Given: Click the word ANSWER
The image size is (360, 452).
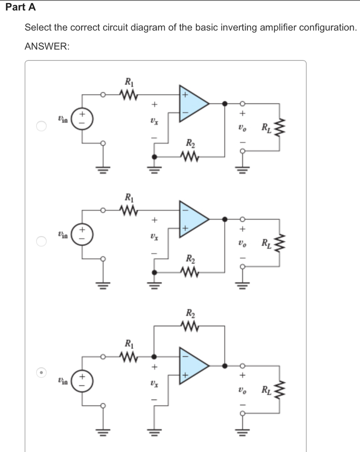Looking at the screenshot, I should [x=46, y=46].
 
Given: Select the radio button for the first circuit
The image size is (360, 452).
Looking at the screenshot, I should [x=41, y=127].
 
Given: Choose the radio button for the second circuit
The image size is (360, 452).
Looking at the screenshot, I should [x=41, y=241].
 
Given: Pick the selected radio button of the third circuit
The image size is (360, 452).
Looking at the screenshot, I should [x=41, y=373].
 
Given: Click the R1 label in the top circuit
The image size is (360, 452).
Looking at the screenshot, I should [x=128, y=82].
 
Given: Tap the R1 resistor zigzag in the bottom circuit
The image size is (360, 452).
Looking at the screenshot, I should [x=128, y=356].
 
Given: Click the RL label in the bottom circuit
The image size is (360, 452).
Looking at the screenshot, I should [x=266, y=390].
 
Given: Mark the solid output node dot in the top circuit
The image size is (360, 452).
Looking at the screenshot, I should [x=225, y=104].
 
